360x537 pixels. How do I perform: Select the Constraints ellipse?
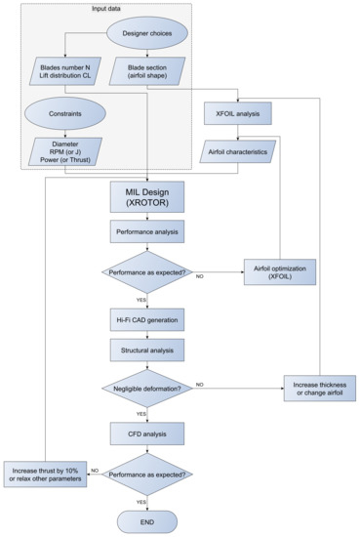click(x=64, y=111)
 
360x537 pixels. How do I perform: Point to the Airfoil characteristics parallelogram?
click(x=237, y=151)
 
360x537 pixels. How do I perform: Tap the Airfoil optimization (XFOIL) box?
click(x=281, y=272)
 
